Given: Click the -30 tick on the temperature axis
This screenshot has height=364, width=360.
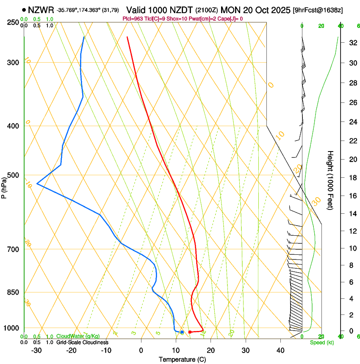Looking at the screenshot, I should pyautogui.click(x=36, y=350).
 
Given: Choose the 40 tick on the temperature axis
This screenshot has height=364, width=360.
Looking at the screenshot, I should pyautogui.click(x=280, y=350).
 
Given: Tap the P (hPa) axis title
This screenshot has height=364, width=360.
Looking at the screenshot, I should pyautogui.click(x=4, y=188).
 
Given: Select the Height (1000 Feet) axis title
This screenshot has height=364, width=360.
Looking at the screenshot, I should pyautogui.click(x=330, y=180).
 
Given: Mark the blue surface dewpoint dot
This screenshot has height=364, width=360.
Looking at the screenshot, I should pyautogui.click(x=182, y=332).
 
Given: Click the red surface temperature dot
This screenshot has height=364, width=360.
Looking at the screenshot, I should pyautogui.click(x=190, y=332).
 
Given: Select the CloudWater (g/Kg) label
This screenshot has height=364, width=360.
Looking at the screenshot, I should pyautogui.click(x=72, y=336).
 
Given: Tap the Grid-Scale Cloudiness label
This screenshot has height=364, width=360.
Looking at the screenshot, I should pyautogui.click(x=82, y=342).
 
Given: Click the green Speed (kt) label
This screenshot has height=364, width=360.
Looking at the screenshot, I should pyautogui.click(x=321, y=342).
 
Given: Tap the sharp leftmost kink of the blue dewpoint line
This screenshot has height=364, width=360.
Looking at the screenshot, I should pyautogui.click(x=37, y=183).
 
